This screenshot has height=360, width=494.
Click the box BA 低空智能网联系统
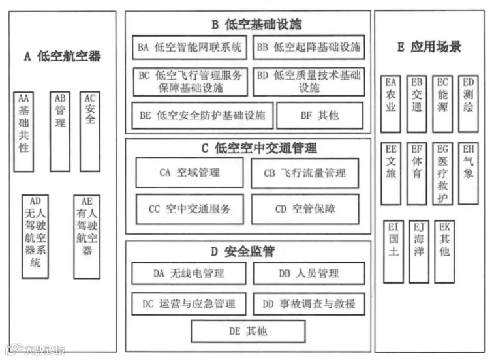pos(190,47)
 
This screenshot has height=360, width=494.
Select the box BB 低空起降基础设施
pos(309,47)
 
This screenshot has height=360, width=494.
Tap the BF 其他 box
pos(319,115)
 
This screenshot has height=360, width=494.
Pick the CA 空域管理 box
pos(189,173)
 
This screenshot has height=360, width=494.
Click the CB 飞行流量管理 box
pos(304,173)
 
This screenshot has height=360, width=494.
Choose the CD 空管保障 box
pos(305,209)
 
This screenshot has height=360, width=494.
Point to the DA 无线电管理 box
pos(189,273)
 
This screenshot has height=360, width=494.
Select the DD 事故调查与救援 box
pos(309,303)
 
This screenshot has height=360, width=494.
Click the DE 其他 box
pos(248,331)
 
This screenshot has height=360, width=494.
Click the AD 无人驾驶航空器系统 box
pos(35,235)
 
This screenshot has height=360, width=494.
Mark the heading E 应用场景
pos(429,47)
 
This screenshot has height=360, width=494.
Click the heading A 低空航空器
pos(63,56)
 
